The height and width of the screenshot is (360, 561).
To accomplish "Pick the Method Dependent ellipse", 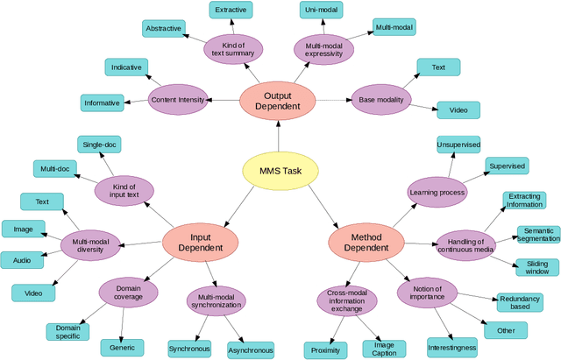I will coord(359,241).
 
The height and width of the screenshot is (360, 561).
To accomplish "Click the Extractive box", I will coord(231,11).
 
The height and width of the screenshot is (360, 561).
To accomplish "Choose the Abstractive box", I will coord(164,28).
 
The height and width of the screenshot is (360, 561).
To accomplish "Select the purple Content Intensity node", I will coord(178,100).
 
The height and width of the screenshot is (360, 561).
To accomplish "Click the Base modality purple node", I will coord(381,100).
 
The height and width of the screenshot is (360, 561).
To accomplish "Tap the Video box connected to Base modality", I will coord(458,110).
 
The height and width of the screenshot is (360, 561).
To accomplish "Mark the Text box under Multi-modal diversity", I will coord(42,201).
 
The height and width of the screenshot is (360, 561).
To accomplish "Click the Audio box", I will coord(22,260).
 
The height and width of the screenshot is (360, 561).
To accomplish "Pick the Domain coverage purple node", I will coord(129,292).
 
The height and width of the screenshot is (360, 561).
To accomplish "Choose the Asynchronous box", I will coord(251,349).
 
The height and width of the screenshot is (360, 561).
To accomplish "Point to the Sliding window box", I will coord(536,267).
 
